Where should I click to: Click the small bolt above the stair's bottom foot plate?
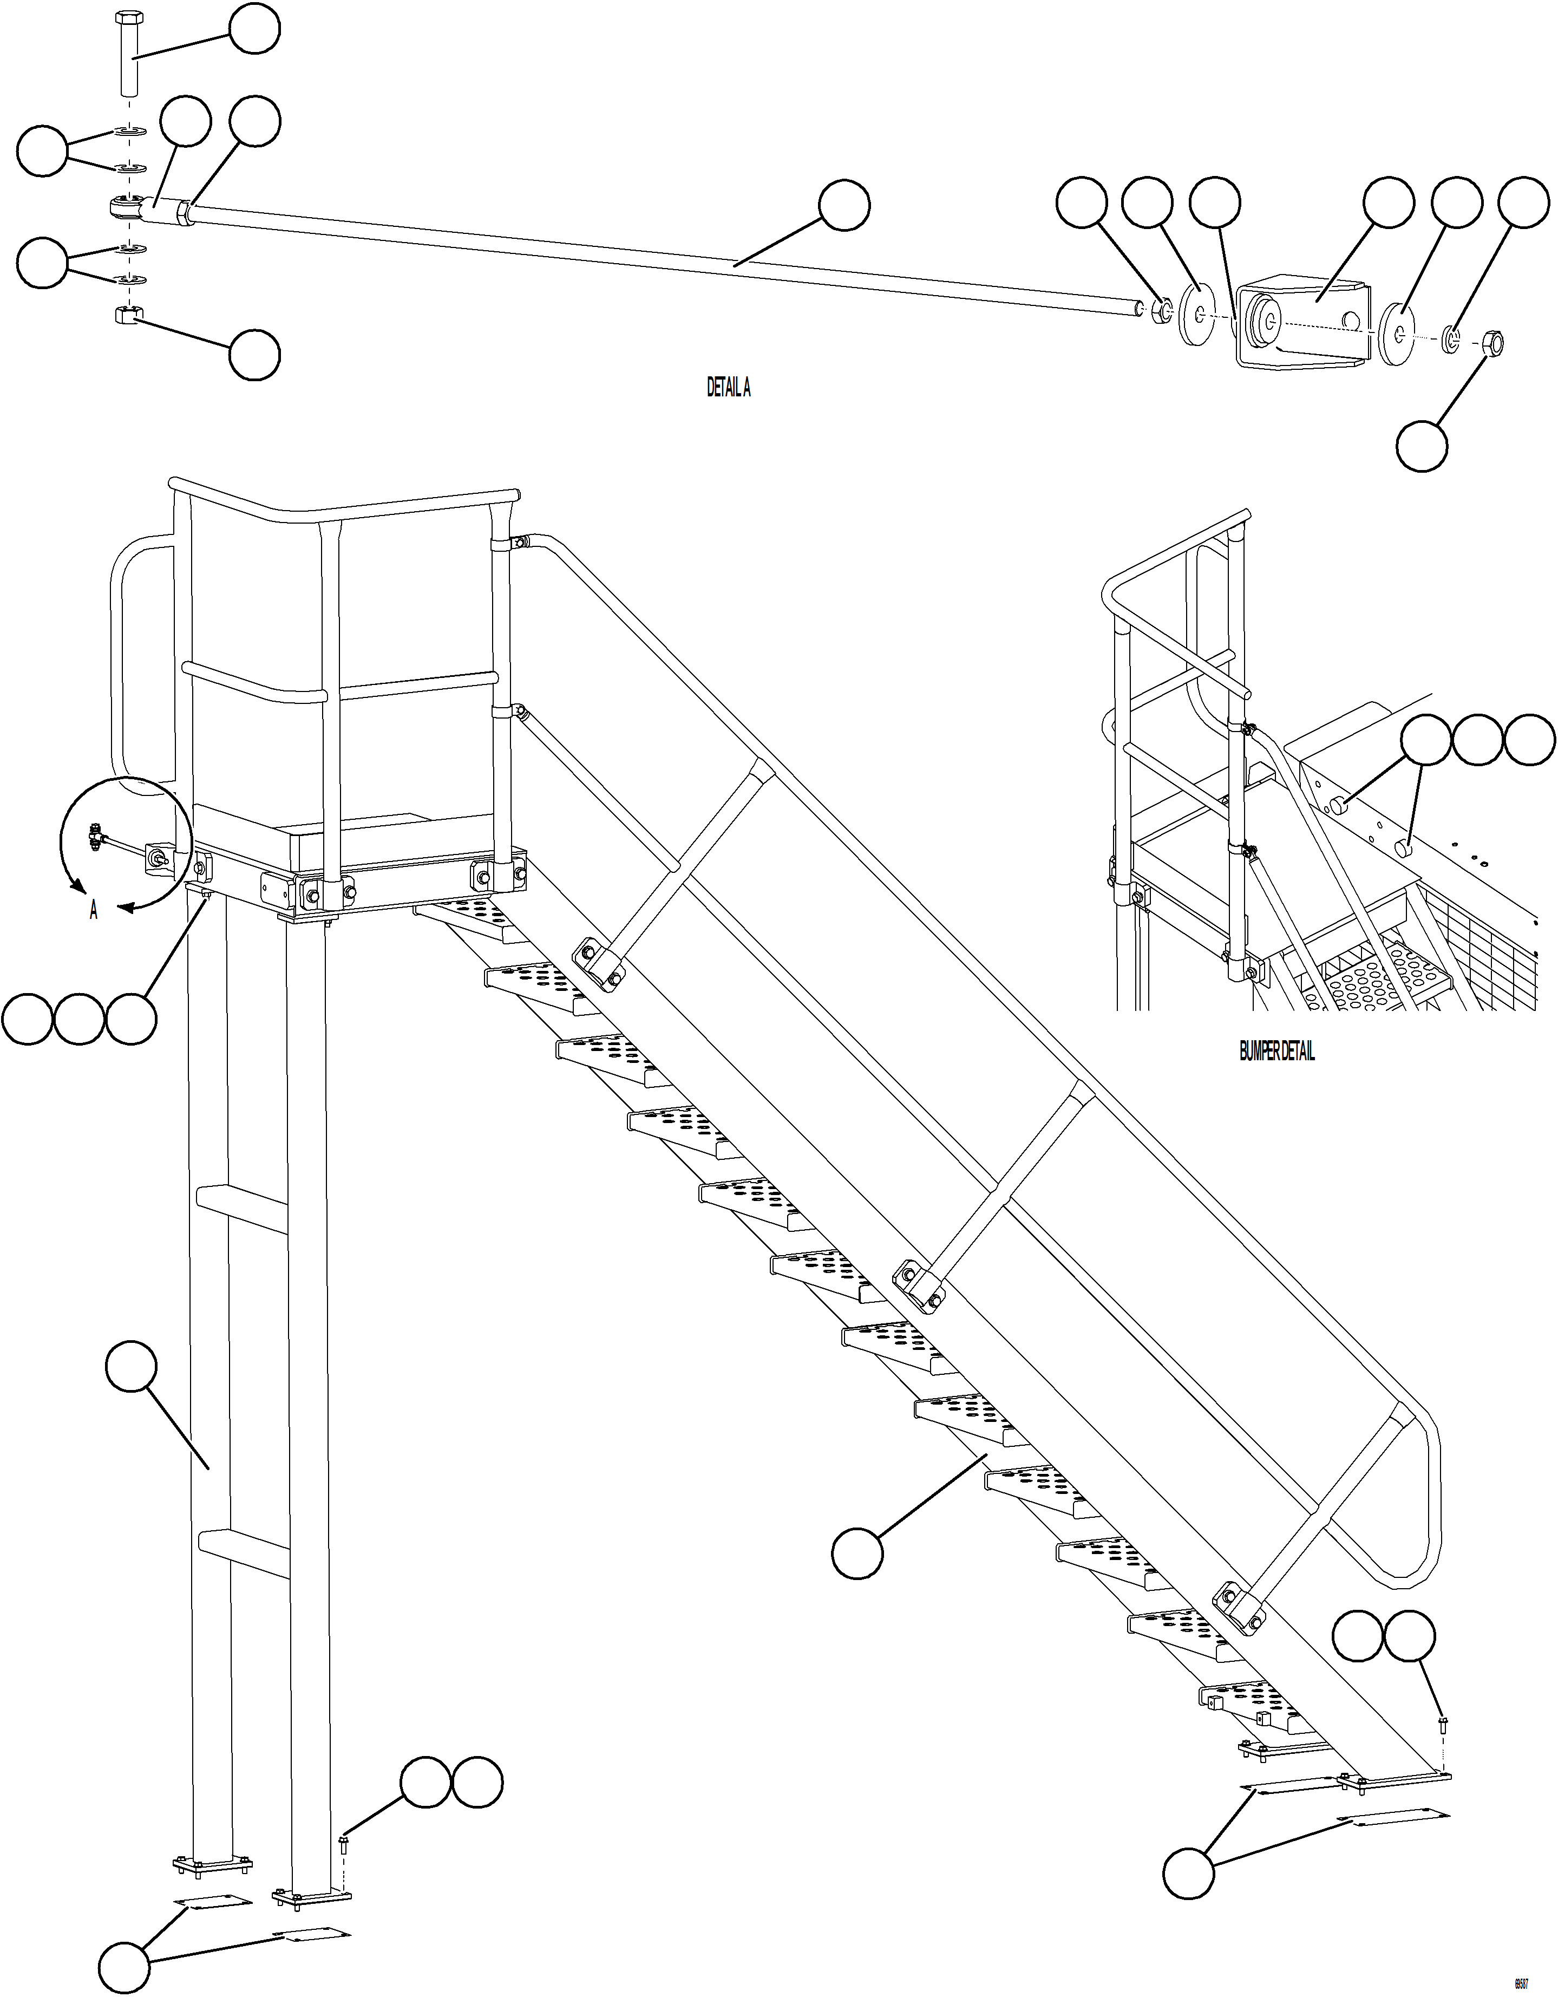(1443, 1725)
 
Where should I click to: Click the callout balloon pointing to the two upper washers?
(43, 151)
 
